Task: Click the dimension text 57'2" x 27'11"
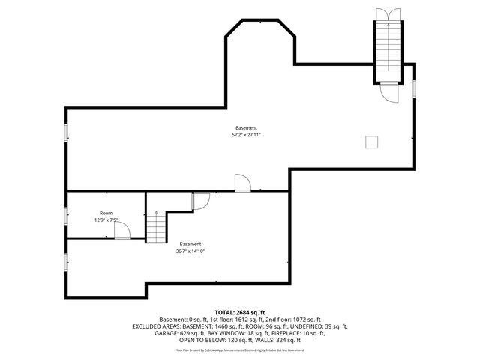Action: (245, 136)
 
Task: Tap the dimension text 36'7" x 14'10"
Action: (190, 251)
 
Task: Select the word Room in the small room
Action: (106, 213)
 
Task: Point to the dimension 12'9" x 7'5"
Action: (106, 220)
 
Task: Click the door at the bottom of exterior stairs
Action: (389, 92)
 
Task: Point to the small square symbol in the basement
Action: (371, 142)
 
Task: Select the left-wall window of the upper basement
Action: (66, 133)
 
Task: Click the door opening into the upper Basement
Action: (242, 184)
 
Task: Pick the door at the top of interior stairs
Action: (200, 201)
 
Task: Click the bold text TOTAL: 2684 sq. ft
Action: (240, 312)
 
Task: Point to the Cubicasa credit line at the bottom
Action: (240, 349)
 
